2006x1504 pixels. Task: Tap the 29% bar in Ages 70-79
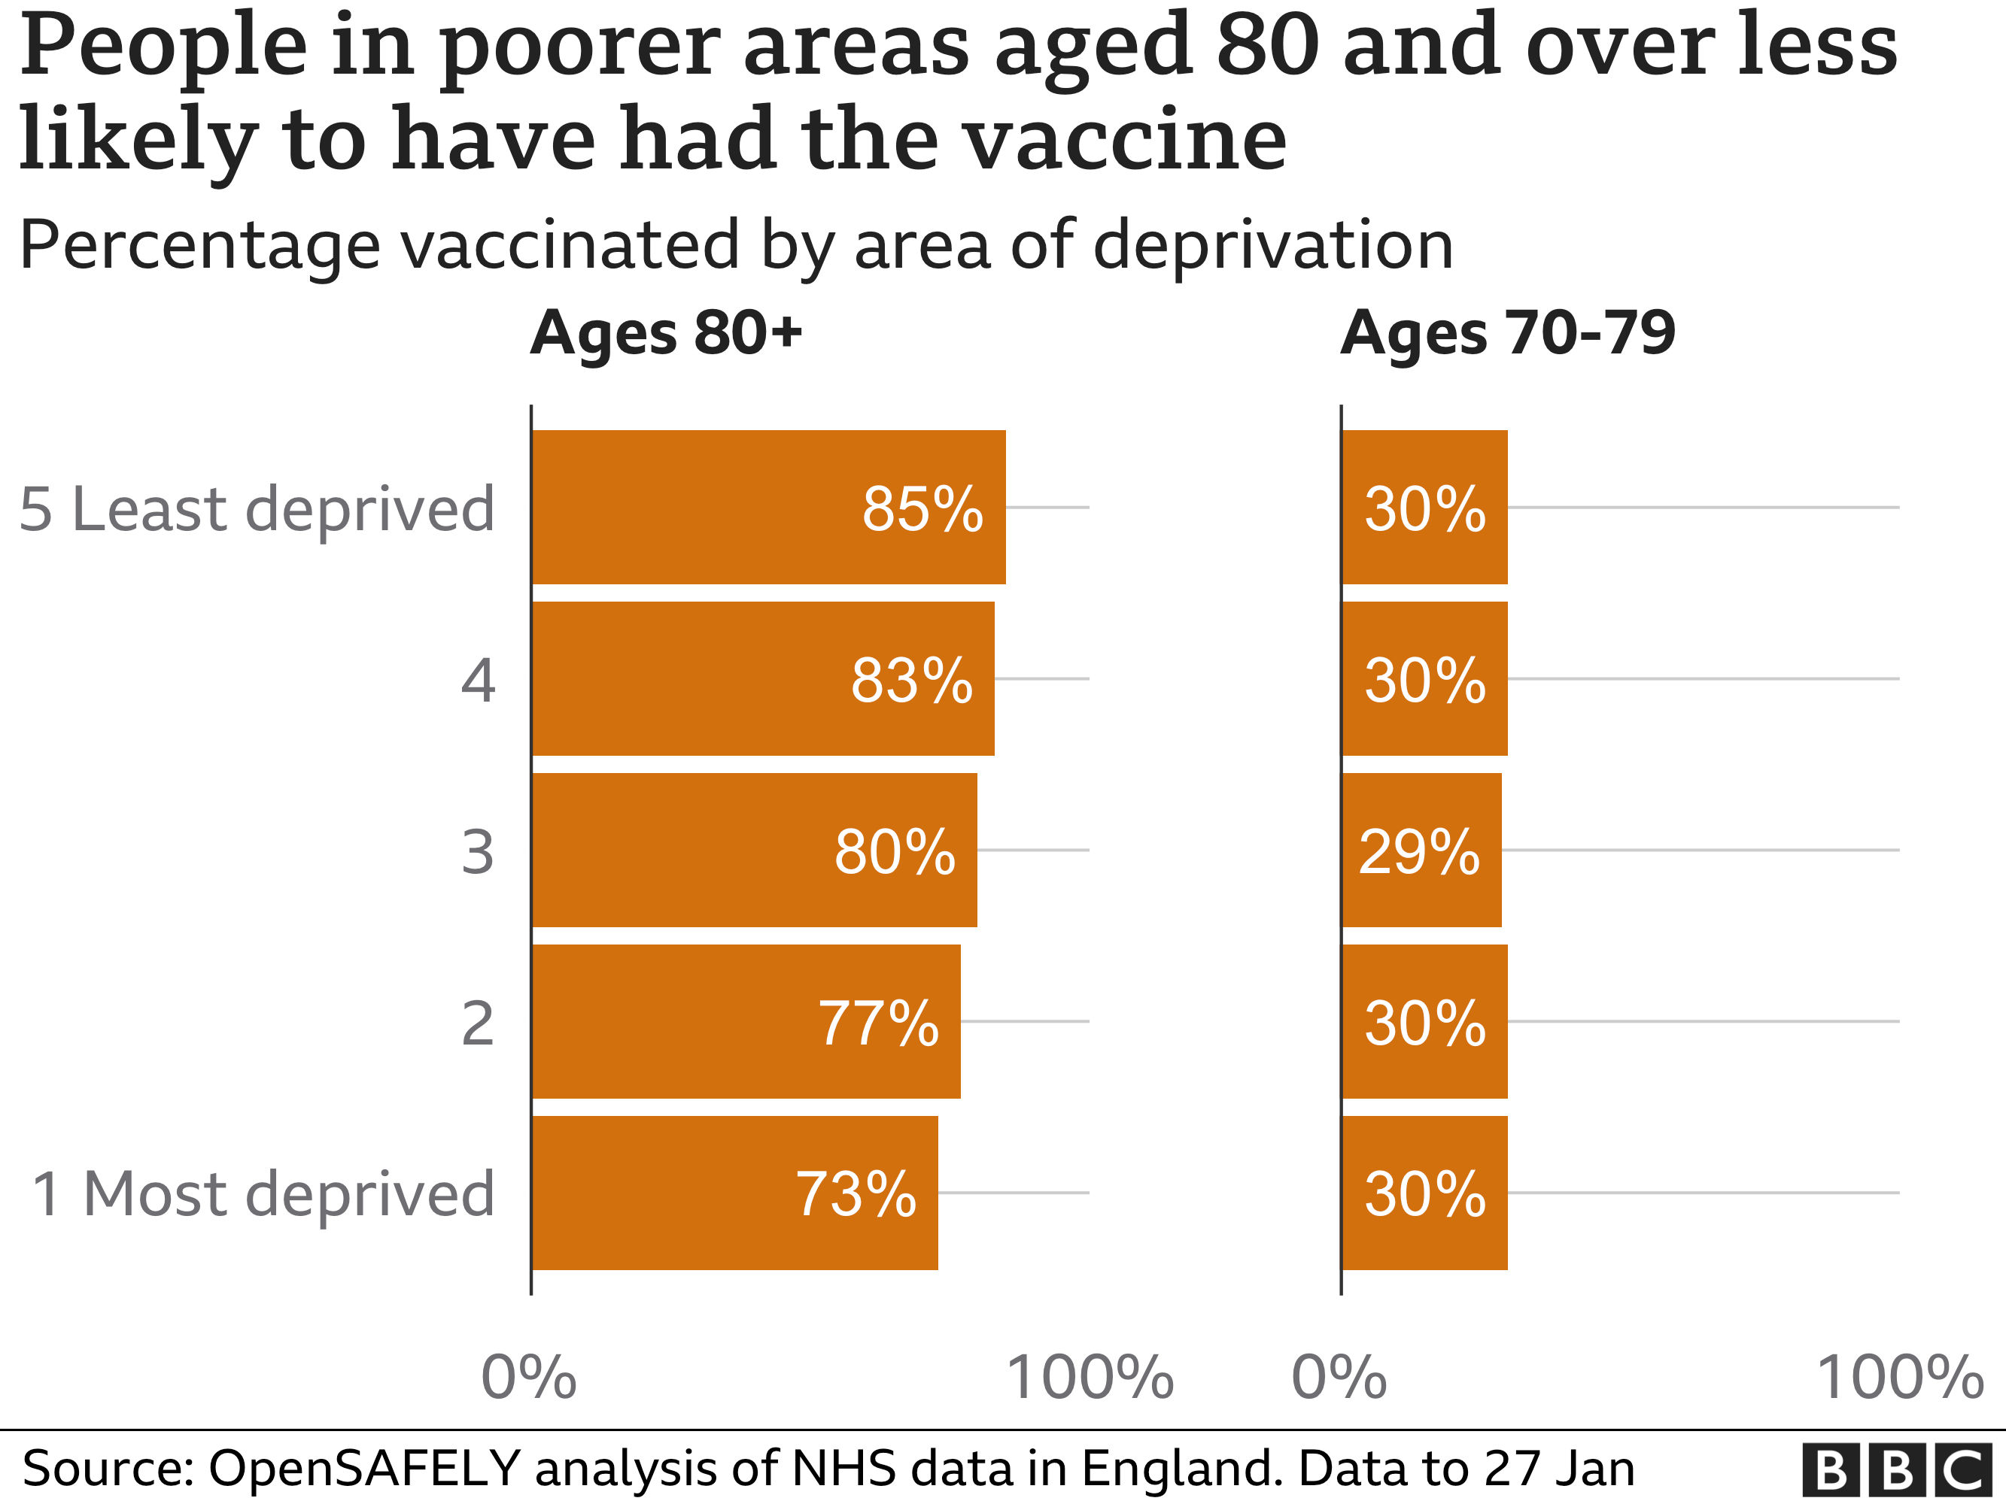coord(1421,851)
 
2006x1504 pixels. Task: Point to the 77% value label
coord(879,1023)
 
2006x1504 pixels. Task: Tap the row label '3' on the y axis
coord(478,852)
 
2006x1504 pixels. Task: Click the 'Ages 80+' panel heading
coord(667,332)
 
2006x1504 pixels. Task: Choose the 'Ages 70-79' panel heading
coord(1507,332)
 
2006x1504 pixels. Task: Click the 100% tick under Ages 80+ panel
coord(1090,1377)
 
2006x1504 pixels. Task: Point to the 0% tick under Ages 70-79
coord(1339,1377)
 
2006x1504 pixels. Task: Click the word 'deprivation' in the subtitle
coord(1273,244)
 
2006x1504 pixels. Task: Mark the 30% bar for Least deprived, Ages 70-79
coord(1424,507)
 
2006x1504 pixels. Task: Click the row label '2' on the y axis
coord(478,1023)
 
